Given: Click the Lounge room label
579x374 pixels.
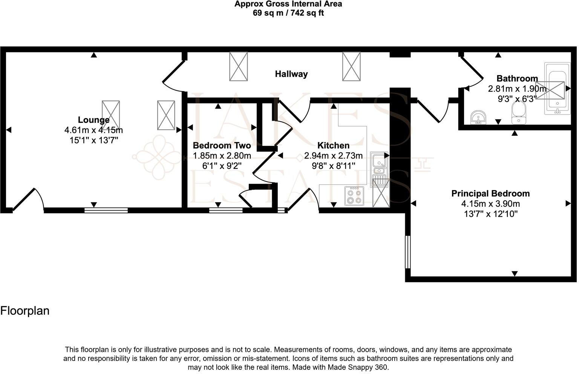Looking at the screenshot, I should click(x=93, y=120).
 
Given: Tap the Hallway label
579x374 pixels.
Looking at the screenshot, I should click(x=291, y=74).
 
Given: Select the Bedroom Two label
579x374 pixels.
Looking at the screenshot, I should click(x=222, y=146).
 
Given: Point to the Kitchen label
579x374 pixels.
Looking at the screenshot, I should click(x=333, y=146).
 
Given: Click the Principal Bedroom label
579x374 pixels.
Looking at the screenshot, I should click(x=490, y=193).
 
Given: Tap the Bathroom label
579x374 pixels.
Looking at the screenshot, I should click(x=517, y=78).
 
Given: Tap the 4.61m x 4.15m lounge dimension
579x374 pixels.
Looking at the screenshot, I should click(x=93, y=130).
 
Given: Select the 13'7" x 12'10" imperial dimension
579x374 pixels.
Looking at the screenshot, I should click(x=490, y=214).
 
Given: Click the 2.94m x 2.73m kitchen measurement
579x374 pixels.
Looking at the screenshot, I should click(x=333, y=156).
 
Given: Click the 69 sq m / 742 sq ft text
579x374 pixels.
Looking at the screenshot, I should click(x=288, y=13).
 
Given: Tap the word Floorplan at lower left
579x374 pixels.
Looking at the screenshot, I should click(x=25, y=311).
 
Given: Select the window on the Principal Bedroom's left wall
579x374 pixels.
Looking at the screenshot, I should click(x=407, y=252).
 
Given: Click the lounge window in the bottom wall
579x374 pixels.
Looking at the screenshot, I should click(x=106, y=210).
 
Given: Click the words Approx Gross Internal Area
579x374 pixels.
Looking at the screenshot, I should click(x=288, y=4).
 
